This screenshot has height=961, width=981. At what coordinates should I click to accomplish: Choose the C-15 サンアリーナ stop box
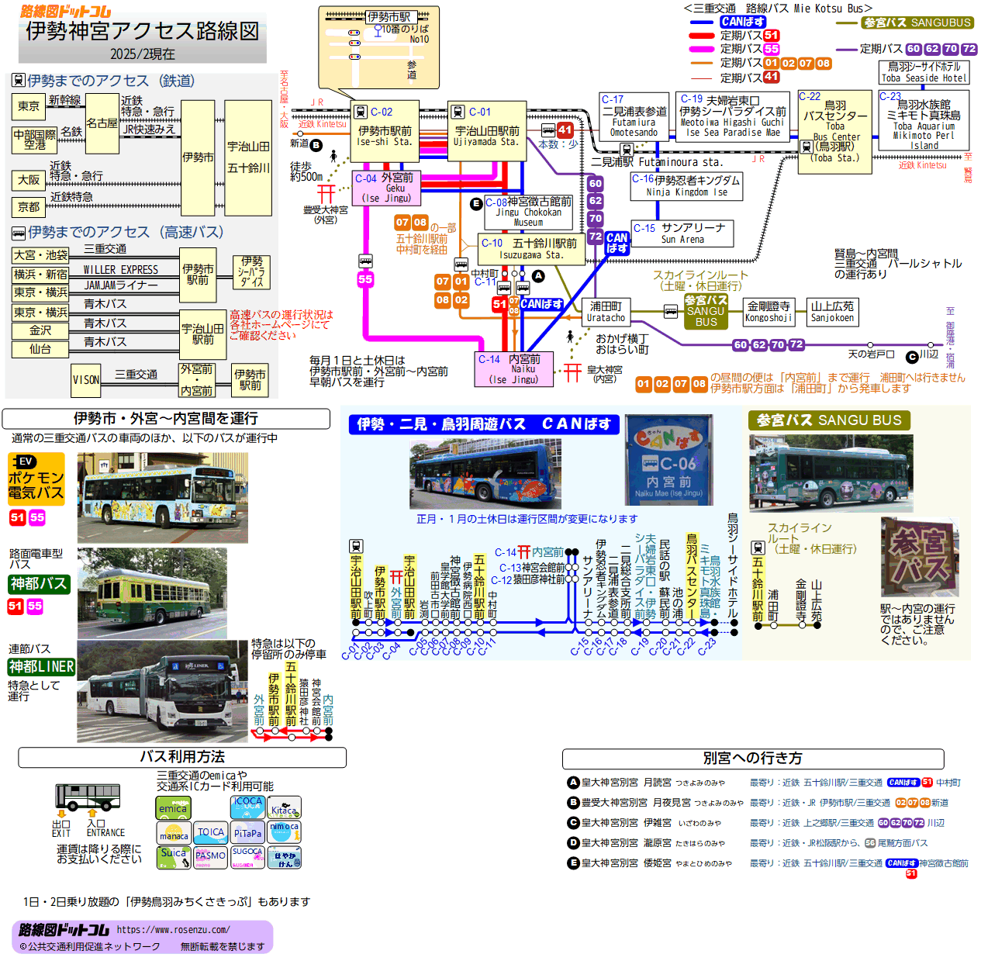682,233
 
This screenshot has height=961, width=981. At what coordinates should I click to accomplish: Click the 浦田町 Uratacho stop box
606,312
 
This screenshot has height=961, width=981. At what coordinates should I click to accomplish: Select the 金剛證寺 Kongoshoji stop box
768,312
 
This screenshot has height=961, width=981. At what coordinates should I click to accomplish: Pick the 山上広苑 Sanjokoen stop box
832,312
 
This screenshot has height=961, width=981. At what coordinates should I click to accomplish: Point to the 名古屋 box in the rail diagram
102,124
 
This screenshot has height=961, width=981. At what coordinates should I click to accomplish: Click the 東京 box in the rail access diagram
29,106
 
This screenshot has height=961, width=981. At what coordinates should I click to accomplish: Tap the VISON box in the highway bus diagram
86,380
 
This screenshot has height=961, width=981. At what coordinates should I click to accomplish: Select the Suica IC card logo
173,856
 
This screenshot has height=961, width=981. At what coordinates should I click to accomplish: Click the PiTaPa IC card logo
247,833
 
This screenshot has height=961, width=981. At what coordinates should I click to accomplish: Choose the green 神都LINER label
41,666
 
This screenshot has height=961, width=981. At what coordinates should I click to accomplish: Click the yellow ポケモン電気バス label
36,479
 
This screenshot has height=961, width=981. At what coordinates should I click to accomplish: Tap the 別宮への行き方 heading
752,759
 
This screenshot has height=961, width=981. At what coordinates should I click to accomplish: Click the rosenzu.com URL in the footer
173,929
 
